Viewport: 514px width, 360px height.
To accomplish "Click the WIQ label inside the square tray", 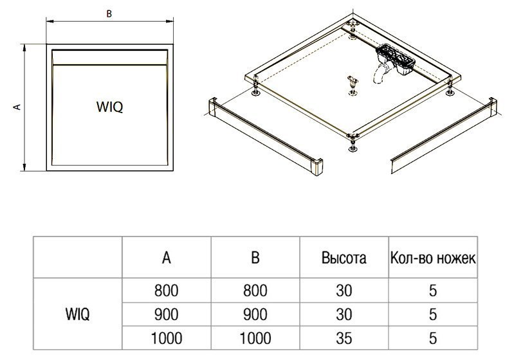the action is [109, 107].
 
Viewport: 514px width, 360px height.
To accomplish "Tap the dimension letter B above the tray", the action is [109, 14].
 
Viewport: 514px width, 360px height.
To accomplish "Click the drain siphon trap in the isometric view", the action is [392, 62].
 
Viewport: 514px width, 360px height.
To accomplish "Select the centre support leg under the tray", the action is [353, 86].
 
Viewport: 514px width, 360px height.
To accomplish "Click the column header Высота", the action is [344, 258].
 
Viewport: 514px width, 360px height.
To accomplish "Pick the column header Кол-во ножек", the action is [433, 258].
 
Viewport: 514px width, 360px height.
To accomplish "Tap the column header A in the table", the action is [167, 258].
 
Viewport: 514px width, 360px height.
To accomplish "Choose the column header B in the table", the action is [255, 258].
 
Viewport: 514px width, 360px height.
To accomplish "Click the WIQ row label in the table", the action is [77, 314].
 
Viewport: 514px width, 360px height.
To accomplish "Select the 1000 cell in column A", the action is [166, 338].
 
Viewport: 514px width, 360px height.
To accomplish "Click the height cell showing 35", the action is [344, 338].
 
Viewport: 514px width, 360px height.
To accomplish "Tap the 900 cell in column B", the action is [255, 314].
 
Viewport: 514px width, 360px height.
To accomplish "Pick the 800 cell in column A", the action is [166, 291].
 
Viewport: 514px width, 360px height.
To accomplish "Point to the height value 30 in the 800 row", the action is [344, 291].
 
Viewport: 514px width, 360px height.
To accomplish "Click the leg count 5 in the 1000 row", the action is [433, 338].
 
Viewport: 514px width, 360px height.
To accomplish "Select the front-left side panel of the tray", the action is [266, 136].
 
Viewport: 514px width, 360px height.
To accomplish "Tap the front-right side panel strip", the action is [444, 136].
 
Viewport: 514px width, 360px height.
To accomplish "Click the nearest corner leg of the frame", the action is [353, 143].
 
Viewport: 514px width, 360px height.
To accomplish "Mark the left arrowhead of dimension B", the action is [50, 22].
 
